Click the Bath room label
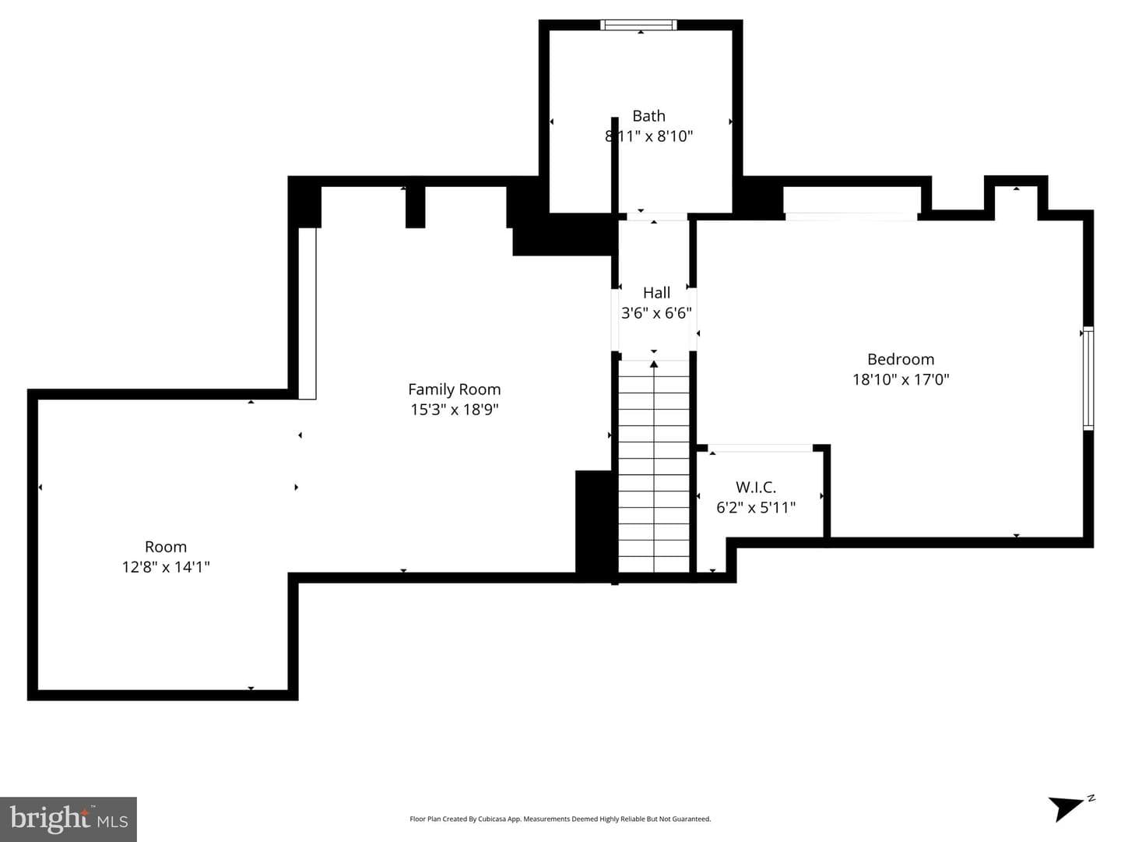[x=648, y=116]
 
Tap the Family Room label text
[x=454, y=389]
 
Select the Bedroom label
[x=901, y=359]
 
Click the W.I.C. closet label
[x=756, y=488]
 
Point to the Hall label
[x=656, y=293]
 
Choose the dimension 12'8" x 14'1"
[x=166, y=567]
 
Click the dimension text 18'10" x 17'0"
[x=901, y=379]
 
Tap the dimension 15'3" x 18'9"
[x=455, y=410]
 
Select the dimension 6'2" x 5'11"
[x=756, y=508]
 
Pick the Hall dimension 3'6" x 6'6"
[x=656, y=312]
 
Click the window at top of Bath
[x=638, y=25]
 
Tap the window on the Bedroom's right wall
[x=1088, y=378]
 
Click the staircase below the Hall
[x=654, y=466]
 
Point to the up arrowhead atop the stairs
[x=654, y=364]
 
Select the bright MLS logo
[x=69, y=819]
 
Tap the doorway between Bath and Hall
[x=657, y=217]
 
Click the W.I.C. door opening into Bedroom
[x=761, y=448]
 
